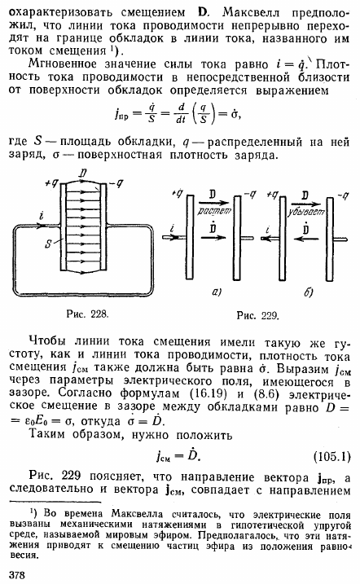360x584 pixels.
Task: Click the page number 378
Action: click(x=16, y=575)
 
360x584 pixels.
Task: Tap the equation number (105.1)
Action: click(x=332, y=456)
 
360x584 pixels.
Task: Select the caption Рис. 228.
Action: click(x=87, y=314)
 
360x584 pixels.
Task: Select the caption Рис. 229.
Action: click(x=258, y=316)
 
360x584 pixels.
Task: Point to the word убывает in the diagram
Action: click(x=305, y=212)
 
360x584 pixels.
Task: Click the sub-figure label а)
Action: click(x=217, y=292)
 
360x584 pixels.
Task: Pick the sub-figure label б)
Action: click(x=309, y=292)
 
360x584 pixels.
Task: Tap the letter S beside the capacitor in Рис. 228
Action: click(x=48, y=244)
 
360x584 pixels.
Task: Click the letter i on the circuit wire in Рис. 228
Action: click(x=42, y=216)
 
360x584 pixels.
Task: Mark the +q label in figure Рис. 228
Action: click(x=52, y=183)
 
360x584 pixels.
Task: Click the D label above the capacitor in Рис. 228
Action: click(x=83, y=173)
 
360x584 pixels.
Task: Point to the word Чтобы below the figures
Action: click(x=47, y=341)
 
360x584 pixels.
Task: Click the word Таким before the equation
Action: click(x=48, y=435)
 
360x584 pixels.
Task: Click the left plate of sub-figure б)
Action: click(x=283, y=239)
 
